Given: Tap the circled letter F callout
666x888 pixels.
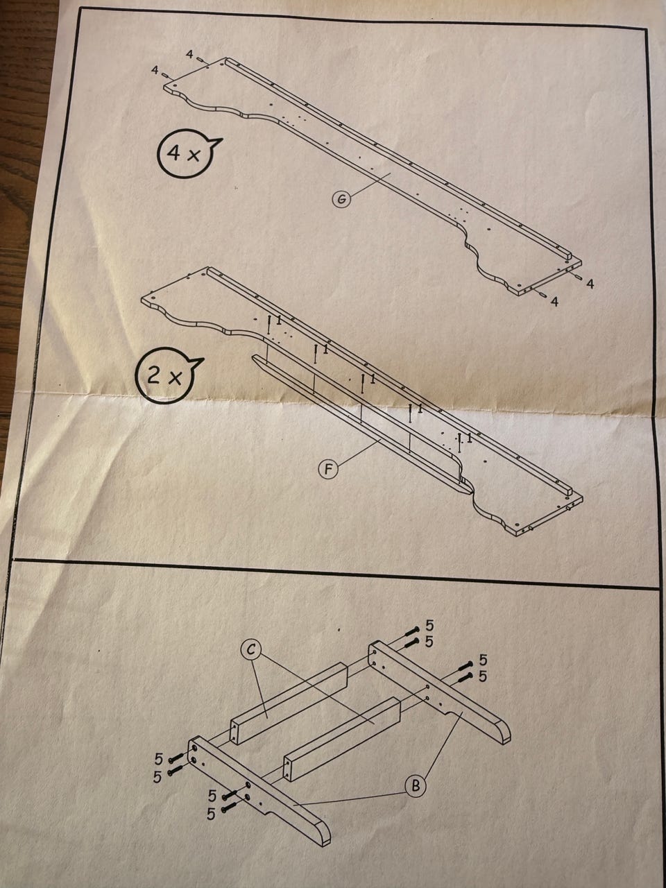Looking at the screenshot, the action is [329, 469].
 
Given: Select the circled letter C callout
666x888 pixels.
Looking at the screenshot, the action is [250, 651].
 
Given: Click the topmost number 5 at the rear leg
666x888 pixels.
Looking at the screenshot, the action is [429, 626].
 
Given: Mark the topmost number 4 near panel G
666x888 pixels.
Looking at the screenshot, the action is [189, 55].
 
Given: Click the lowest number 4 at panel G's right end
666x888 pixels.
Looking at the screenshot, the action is [555, 301].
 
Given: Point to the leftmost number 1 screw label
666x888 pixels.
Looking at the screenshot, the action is [279, 320].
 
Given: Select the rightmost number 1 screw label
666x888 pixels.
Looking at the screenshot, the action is [469, 438].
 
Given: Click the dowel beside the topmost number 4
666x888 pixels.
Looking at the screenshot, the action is [200, 60].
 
